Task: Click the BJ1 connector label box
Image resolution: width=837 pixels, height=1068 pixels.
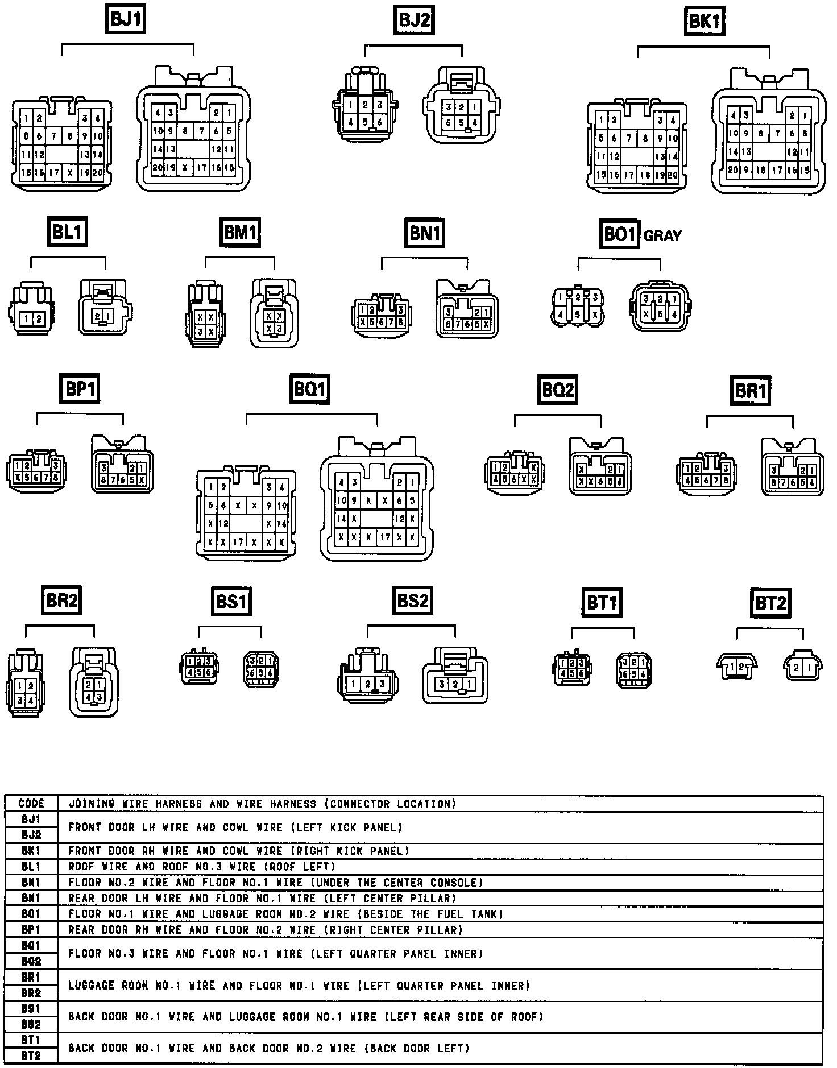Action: tap(126, 20)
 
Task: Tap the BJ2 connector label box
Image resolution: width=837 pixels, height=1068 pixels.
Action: tap(414, 20)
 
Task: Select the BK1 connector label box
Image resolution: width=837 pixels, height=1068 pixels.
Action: tap(704, 22)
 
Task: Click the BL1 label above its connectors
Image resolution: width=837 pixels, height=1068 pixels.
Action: tap(67, 232)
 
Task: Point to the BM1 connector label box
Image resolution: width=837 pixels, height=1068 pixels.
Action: tap(240, 232)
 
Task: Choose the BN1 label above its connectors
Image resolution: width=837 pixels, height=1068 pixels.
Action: tap(424, 233)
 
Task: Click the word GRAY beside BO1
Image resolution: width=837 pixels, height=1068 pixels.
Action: tap(662, 235)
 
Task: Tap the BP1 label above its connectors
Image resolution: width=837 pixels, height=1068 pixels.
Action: tap(80, 389)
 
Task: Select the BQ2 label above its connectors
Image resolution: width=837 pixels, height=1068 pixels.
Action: tap(558, 390)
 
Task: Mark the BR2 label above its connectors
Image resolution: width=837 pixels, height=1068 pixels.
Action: tap(61, 601)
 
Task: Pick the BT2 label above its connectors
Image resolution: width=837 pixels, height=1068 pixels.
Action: tap(770, 603)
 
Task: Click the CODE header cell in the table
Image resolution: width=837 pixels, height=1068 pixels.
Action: tap(31, 804)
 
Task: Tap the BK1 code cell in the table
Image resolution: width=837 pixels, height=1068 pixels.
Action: tap(31, 851)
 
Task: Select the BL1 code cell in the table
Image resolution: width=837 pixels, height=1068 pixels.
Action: tap(31, 867)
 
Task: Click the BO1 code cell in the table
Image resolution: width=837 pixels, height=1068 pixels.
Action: tap(31, 914)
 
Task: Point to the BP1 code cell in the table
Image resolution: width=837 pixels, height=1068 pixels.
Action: tap(31, 930)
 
